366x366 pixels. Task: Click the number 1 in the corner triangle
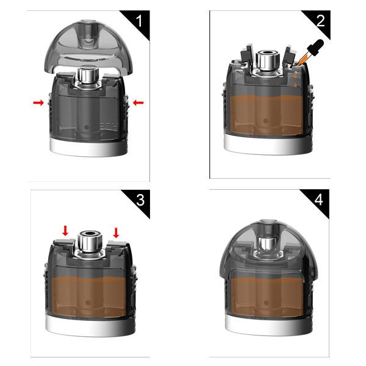(x=139, y=21)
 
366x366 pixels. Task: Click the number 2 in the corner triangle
(x=320, y=21)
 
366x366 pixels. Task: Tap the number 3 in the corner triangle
(x=140, y=200)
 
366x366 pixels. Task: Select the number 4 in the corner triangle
(x=319, y=200)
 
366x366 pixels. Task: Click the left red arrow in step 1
(x=38, y=102)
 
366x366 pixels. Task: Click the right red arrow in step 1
(x=138, y=102)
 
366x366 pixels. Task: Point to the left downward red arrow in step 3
(x=65, y=231)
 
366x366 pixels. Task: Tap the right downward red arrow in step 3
(x=116, y=233)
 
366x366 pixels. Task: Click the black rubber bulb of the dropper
(x=315, y=48)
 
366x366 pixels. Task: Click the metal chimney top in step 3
(x=90, y=240)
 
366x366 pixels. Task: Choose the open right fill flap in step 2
(x=289, y=56)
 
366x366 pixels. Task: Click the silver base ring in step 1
(x=88, y=148)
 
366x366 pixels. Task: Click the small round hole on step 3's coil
(x=88, y=303)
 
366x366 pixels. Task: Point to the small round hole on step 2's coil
(x=265, y=121)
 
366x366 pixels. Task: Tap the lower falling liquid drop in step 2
(x=295, y=85)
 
